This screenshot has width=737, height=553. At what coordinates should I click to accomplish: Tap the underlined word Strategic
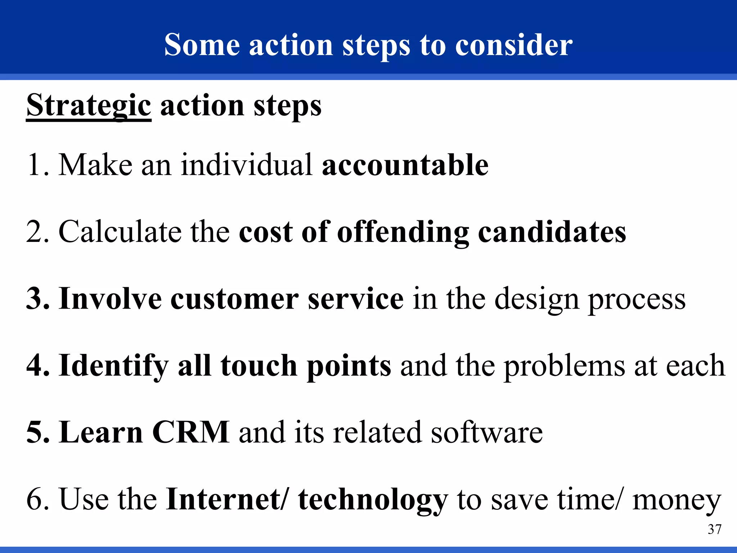[89, 105]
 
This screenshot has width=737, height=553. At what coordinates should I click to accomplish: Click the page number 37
[714, 529]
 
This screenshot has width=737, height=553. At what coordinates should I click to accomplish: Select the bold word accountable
[405, 165]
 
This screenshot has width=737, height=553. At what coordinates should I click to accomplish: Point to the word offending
[403, 232]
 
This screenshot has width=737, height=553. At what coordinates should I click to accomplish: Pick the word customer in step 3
[234, 299]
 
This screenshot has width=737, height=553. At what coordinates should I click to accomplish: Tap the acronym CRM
[191, 432]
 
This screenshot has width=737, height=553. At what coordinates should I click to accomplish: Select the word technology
[373, 500]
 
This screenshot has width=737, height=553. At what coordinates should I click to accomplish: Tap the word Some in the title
[202, 45]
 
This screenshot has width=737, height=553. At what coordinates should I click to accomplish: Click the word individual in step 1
[247, 165]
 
